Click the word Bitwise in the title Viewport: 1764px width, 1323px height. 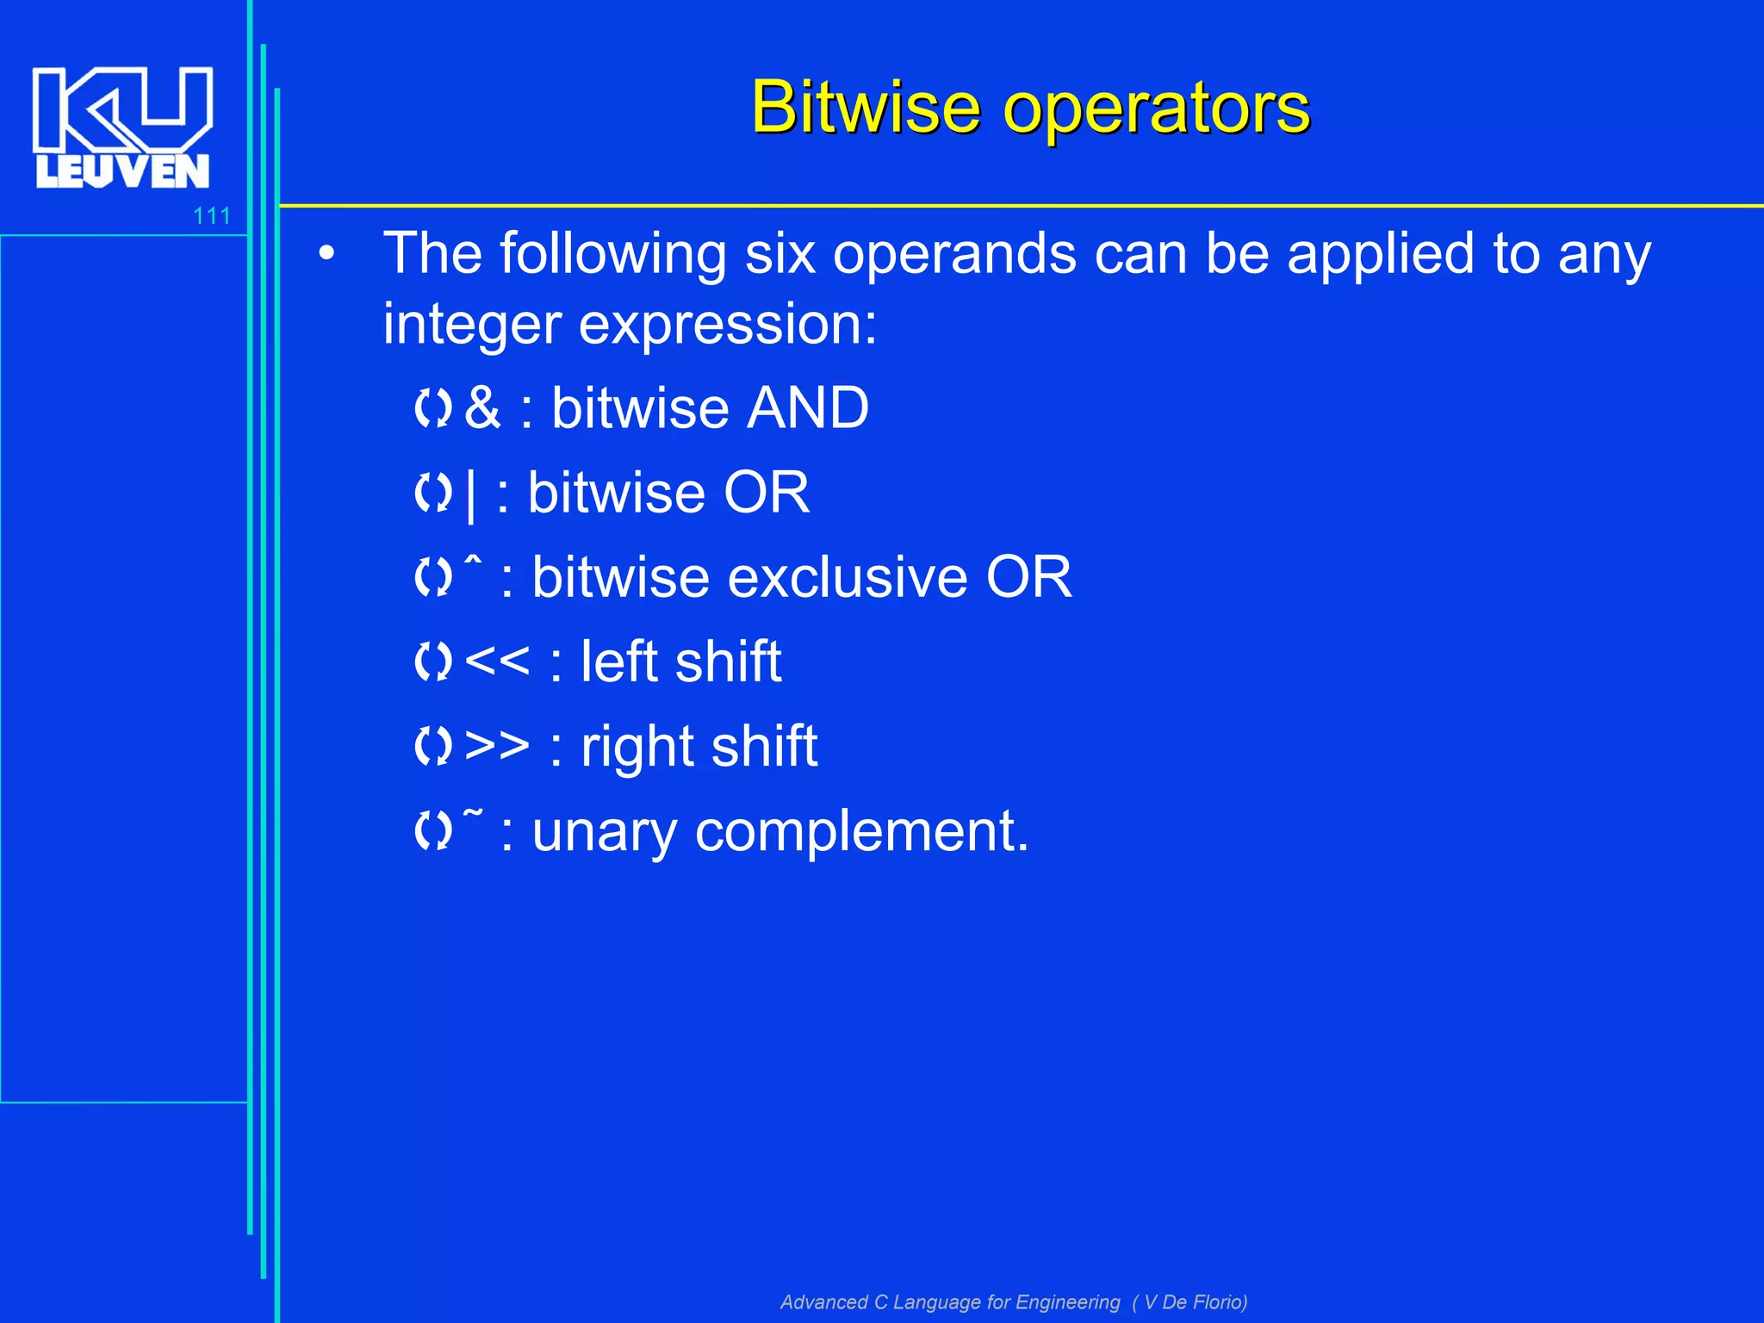[865, 108]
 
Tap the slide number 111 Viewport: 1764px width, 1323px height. [212, 216]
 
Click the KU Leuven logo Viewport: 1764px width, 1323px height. [122, 127]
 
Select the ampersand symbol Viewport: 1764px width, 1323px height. [481, 407]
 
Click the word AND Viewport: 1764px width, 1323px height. [808, 407]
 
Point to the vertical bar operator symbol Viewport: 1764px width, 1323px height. [470, 494]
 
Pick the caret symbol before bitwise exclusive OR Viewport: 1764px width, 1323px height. [473, 562]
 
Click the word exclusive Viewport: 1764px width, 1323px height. [848, 576]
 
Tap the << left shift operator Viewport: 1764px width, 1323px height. [497, 661]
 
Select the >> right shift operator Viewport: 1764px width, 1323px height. [497, 745]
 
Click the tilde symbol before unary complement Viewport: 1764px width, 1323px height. [473, 811]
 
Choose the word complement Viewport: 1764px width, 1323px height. [861, 832]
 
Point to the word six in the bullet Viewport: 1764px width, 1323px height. [780, 254]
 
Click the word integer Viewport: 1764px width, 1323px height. [472, 325]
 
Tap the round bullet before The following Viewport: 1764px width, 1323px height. [326, 254]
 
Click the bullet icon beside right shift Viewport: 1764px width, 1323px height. [432, 745]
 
